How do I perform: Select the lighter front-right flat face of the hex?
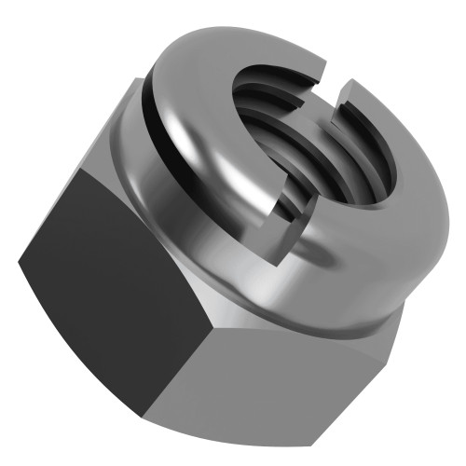(289, 373)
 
